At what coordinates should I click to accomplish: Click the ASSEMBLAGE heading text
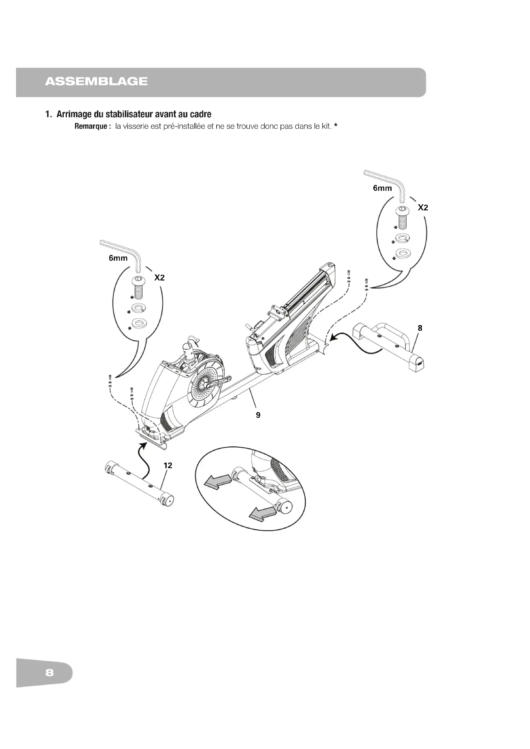tap(96, 81)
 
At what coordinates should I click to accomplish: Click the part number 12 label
tap(168, 466)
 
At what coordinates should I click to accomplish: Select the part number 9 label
tap(258, 415)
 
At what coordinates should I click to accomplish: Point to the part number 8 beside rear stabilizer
tap(420, 328)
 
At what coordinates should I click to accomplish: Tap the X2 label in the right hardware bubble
tap(423, 208)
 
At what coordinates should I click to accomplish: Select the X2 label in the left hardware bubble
tap(159, 278)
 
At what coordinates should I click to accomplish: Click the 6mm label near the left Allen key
tap(118, 258)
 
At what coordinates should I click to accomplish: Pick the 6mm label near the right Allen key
tap(383, 188)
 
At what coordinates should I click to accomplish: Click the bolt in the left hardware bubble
tap(138, 287)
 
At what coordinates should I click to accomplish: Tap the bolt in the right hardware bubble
tap(403, 217)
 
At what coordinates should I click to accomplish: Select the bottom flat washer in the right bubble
tap(403, 253)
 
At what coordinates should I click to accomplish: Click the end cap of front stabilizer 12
tap(169, 501)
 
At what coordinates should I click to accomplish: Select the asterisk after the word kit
tap(335, 126)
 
